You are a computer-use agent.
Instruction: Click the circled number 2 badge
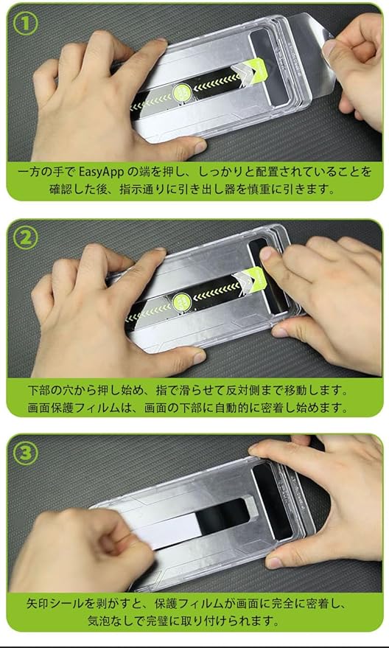point(26,238)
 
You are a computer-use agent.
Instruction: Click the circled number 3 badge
point(26,453)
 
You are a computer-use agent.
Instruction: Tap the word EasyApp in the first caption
point(102,172)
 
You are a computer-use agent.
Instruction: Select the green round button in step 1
point(182,92)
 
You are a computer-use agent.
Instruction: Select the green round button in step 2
point(182,301)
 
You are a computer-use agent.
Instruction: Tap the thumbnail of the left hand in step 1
point(200,146)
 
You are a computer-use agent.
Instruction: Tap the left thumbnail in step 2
point(200,357)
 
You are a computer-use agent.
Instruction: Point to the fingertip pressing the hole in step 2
point(267,254)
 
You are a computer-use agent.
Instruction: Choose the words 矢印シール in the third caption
point(56,604)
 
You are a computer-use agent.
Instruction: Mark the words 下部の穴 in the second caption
point(52,390)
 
